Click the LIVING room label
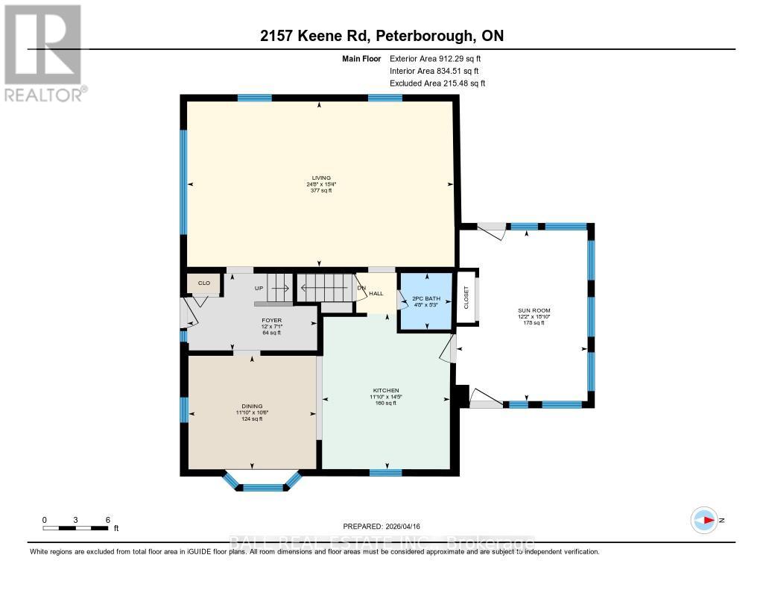pos(321,178)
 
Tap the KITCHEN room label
pos(386,391)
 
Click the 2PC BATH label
pos(426,298)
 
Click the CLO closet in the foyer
pos(203,283)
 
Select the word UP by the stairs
pos(259,288)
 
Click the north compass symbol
pos(704,520)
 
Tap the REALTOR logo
pos(44,52)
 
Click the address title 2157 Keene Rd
pos(381,37)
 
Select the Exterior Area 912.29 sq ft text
pos(440,58)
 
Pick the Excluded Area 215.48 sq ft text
pos(437,84)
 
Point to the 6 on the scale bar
pos(108,519)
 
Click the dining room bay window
pos(264,487)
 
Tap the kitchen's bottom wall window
pos(386,472)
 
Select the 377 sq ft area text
pos(321,191)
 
